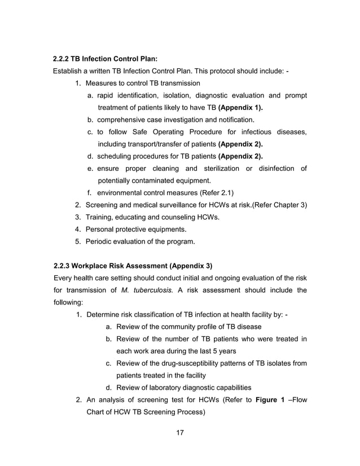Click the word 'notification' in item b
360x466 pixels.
(x=232, y=120)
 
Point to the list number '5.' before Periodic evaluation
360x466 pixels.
(x=78, y=242)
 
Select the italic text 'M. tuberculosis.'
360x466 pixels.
(x=147, y=291)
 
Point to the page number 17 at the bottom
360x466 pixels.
(x=180, y=433)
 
